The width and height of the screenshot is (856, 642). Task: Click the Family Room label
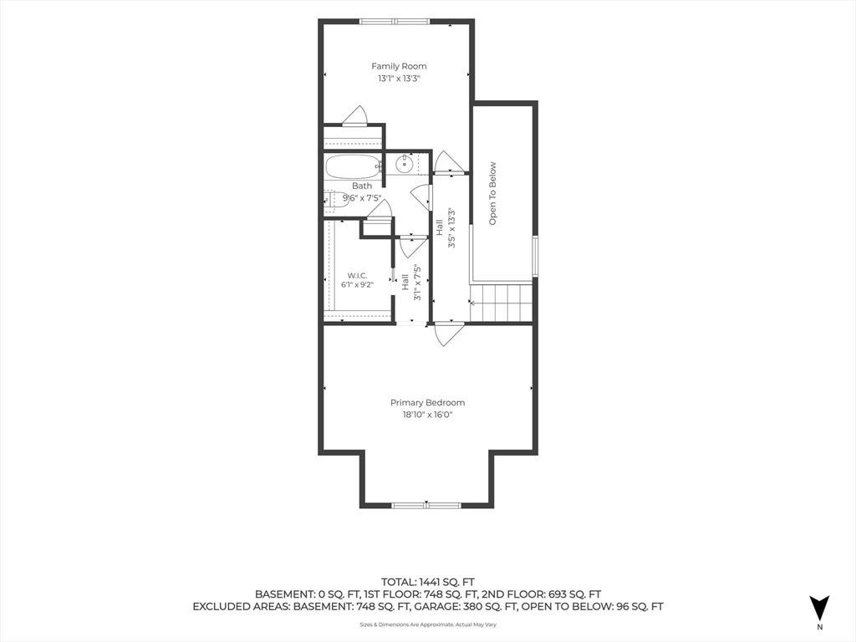point(399,66)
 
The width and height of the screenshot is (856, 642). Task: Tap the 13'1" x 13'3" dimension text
point(399,78)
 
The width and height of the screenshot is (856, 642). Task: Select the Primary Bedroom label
point(427,402)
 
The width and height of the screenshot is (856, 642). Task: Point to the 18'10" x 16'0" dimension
point(427,415)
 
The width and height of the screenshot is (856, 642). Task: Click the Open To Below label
point(492,193)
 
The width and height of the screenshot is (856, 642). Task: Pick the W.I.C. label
point(357,275)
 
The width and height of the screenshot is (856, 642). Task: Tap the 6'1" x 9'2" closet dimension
point(357,284)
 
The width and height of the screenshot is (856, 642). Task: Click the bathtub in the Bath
point(354,166)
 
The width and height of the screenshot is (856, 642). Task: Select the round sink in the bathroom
point(404,163)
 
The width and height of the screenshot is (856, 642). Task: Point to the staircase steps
point(502,303)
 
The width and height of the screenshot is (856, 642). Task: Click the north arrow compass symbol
point(819,607)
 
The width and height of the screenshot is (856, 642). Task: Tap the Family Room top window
point(395,22)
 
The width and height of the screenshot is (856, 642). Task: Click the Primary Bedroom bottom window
point(426,505)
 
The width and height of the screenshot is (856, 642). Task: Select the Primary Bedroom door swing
point(449,334)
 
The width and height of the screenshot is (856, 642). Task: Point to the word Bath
point(362,186)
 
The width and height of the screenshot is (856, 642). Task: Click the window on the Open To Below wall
point(535,256)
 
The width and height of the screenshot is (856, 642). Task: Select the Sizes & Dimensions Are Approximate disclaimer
point(427,624)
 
